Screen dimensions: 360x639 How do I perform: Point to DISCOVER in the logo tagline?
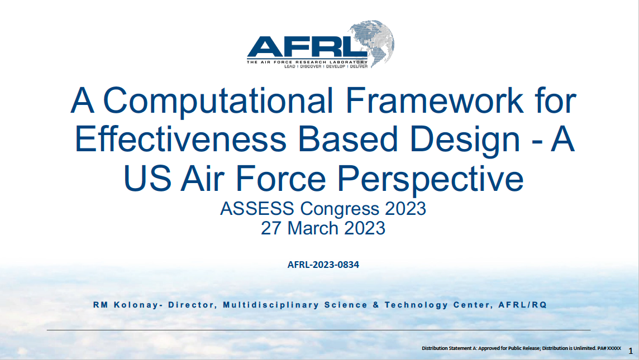tap(311, 66)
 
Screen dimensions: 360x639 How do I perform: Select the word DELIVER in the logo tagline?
tap(359, 66)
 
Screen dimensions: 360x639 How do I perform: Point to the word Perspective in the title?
tap(431, 179)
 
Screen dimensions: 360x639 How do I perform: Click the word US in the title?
tap(147, 179)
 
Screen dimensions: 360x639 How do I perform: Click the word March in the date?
tap(317, 228)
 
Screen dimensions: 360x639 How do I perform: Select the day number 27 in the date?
tap(272, 228)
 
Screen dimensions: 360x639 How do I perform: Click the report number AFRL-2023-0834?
tap(323, 265)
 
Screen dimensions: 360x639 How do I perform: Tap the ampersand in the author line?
tap(373, 305)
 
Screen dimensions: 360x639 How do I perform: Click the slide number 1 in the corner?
tap(631, 351)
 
